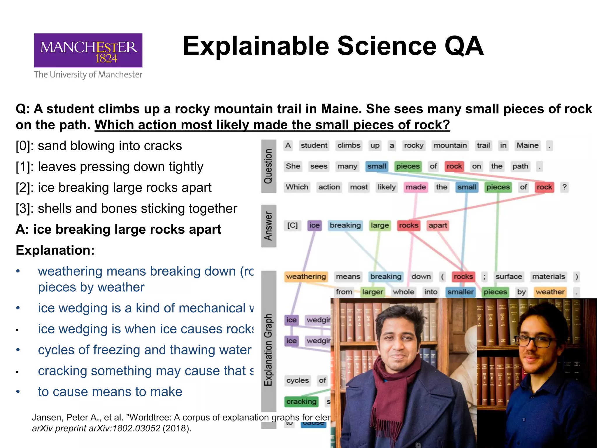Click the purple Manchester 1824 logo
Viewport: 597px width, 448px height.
tap(88, 50)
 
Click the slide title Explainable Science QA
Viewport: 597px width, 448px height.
tap(333, 46)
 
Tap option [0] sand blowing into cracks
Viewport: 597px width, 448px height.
tap(99, 146)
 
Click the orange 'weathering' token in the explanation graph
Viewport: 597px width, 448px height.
tap(306, 276)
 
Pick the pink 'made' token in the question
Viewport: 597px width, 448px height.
tap(416, 187)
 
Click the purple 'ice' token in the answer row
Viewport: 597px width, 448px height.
tap(314, 225)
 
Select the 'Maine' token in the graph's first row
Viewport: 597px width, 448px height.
tap(527, 146)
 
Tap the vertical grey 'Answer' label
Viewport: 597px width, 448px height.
tap(268, 226)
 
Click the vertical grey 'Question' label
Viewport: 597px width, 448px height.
tap(268, 166)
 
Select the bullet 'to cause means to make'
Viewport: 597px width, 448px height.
tap(110, 392)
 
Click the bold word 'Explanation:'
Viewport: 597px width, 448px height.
tap(55, 250)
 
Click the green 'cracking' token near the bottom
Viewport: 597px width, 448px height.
tap(301, 402)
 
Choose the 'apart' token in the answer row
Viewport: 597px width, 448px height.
tap(438, 225)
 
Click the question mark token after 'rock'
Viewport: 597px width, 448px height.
tap(565, 187)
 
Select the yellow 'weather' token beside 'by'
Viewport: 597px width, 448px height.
tap(550, 292)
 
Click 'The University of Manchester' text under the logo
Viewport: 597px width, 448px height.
tap(88, 75)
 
